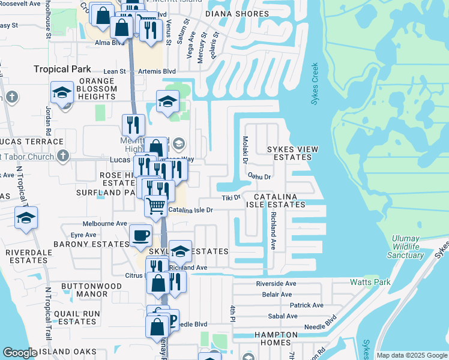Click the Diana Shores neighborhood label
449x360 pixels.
(237, 13)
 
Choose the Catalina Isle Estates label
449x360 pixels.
(280, 200)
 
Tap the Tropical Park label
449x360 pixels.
(62, 69)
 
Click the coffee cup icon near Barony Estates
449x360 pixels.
(141, 235)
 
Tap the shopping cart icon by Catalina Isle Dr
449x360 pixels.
(156, 206)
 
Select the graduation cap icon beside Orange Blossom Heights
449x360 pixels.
(62, 93)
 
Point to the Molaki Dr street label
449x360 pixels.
(245, 149)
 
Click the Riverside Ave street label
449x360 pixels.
(276, 283)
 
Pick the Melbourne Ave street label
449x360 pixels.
(105, 223)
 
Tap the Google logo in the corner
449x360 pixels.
(20, 353)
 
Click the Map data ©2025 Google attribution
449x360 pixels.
(411, 355)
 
